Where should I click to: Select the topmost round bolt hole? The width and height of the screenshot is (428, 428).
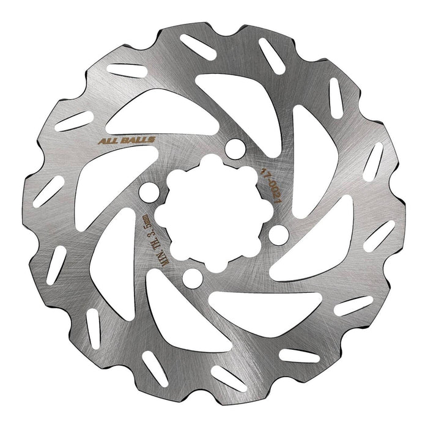coord(232,148)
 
